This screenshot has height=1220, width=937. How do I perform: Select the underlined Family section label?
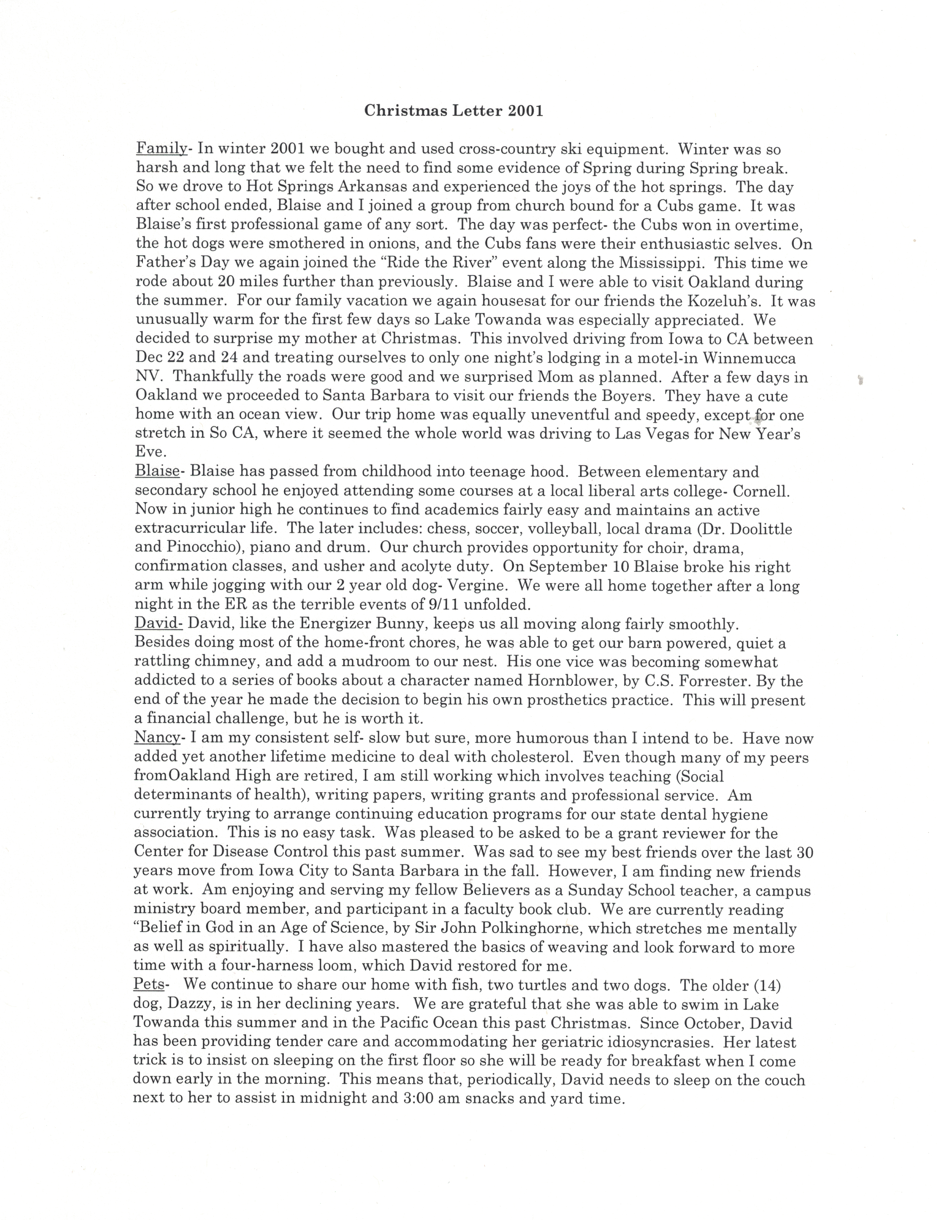[161, 149]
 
